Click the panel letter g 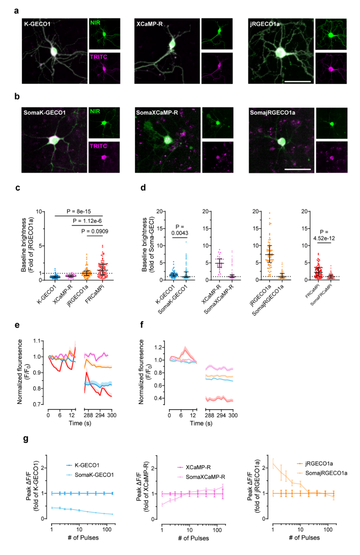point(26,439)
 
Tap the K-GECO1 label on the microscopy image point(37,24)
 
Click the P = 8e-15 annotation point(79,211)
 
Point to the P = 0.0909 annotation point(95,231)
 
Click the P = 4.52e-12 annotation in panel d point(324,235)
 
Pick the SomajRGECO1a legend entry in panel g point(326,473)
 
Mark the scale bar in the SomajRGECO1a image point(297,169)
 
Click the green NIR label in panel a point(95,23)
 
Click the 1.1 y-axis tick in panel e point(37,341)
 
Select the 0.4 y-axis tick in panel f point(159,398)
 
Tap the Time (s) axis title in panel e point(80,423)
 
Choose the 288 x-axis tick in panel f point(210,415)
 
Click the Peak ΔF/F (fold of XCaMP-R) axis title point(142,486)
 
